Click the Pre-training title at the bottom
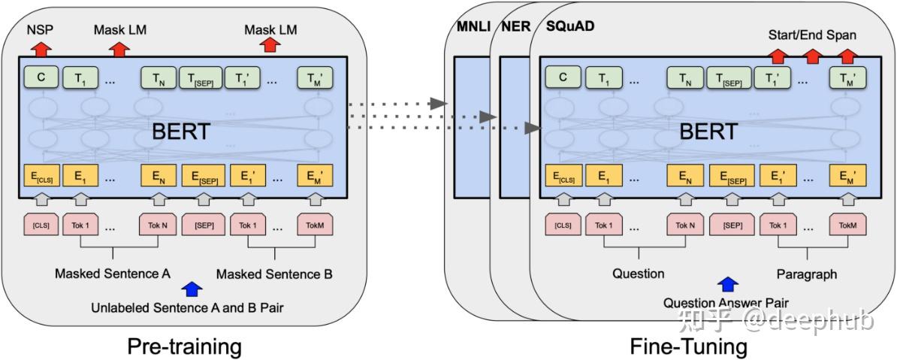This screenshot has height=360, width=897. point(183,346)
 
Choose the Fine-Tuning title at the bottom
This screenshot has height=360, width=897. point(689,346)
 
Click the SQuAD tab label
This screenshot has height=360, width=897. point(566,26)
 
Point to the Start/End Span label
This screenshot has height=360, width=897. point(812,35)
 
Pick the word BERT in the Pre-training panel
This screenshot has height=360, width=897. point(181,132)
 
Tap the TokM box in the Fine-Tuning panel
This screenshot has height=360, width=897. point(848,225)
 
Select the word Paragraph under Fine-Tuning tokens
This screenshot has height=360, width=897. point(807,274)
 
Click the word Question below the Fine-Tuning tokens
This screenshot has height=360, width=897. point(639,274)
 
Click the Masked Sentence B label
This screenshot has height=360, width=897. point(274,274)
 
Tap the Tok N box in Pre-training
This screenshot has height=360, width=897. point(157,225)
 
